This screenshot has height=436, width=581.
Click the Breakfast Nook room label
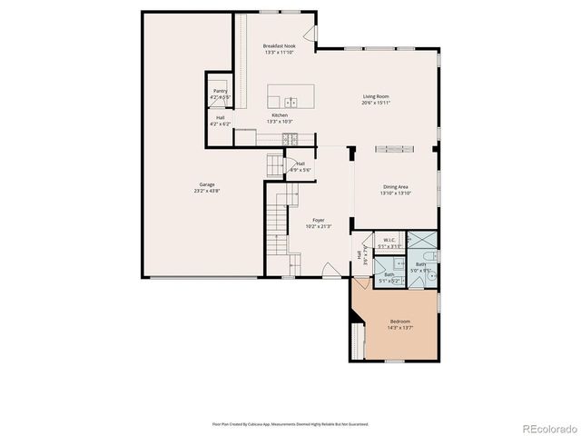(x=280, y=45)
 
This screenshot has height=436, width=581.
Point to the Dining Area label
(x=396, y=187)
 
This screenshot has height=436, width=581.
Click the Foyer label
(x=319, y=220)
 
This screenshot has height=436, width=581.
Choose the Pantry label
(x=221, y=91)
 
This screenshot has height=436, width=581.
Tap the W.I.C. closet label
(x=389, y=240)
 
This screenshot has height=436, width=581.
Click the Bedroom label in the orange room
(x=400, y=322)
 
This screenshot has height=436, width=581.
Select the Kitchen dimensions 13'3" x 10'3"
(x=280, y=122)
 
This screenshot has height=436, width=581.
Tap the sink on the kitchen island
(x=291, y=102)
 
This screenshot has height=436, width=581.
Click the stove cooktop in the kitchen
(x=288, y=139)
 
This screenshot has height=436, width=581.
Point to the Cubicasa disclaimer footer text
(x=290, y=423)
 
